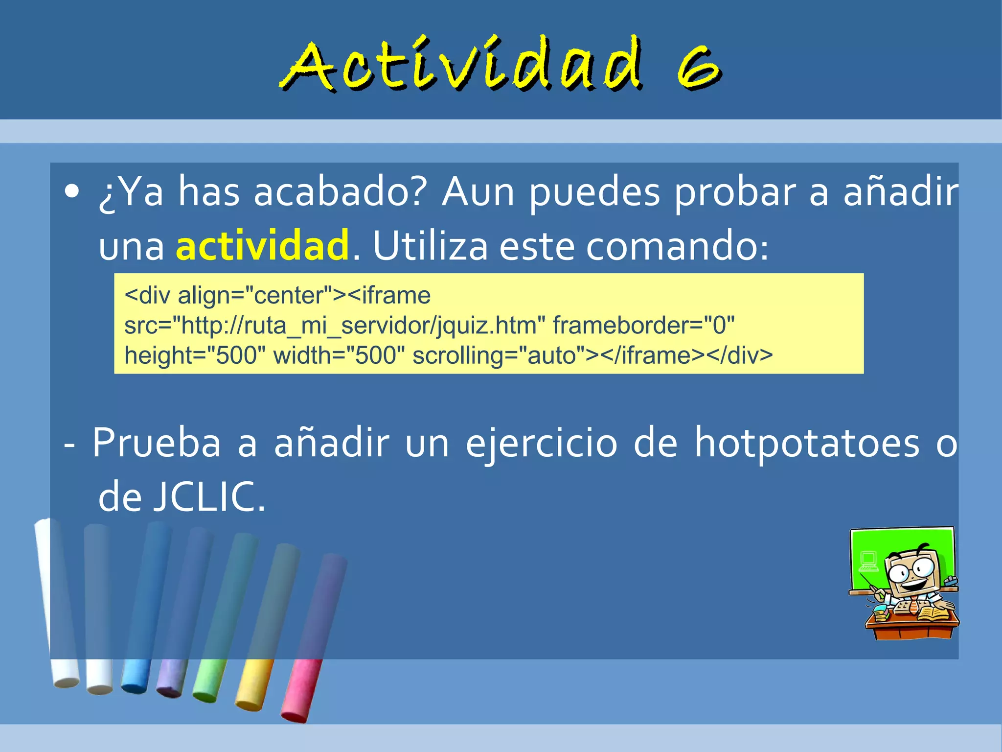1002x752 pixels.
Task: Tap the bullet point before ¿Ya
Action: [x=72, y=192]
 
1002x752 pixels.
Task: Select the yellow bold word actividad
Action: [x=262, y=245]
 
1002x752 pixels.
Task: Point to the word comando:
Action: [x=677, y=246]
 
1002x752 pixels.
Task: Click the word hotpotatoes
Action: [x=807, y=443]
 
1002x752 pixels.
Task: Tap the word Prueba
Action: [x=157, y=443]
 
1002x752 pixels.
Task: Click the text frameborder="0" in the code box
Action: [x=643, y=326]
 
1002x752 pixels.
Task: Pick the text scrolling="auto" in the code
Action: [x=499, y=355]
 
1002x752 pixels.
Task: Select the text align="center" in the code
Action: [x=254, y=296]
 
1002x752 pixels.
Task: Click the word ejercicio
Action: [x=541, y=444]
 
